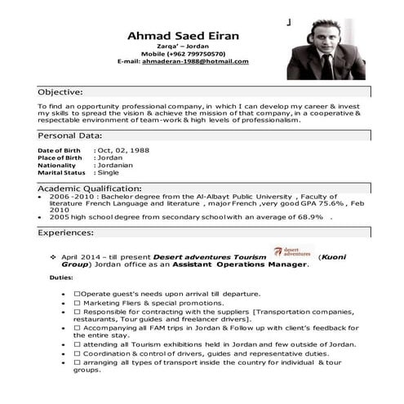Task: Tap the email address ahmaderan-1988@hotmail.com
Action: point(196,61)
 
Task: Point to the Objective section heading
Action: point(60,93)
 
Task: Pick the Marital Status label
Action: point(61,173)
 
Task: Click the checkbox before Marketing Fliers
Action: point(77,303)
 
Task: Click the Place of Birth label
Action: point(60,158)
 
